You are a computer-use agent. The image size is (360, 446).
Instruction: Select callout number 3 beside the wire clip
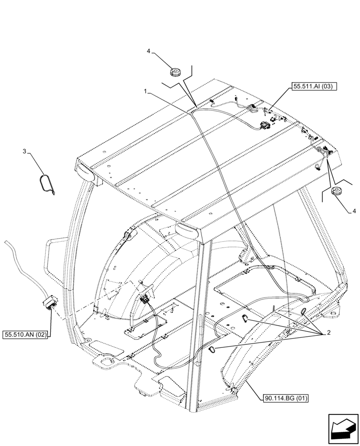tap(30, 153)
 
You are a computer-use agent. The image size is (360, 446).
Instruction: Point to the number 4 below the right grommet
tap(354, 211)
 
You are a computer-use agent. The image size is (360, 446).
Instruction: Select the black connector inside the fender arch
tap(145, 299)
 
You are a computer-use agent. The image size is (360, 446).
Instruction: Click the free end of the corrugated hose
tap(6, 242)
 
